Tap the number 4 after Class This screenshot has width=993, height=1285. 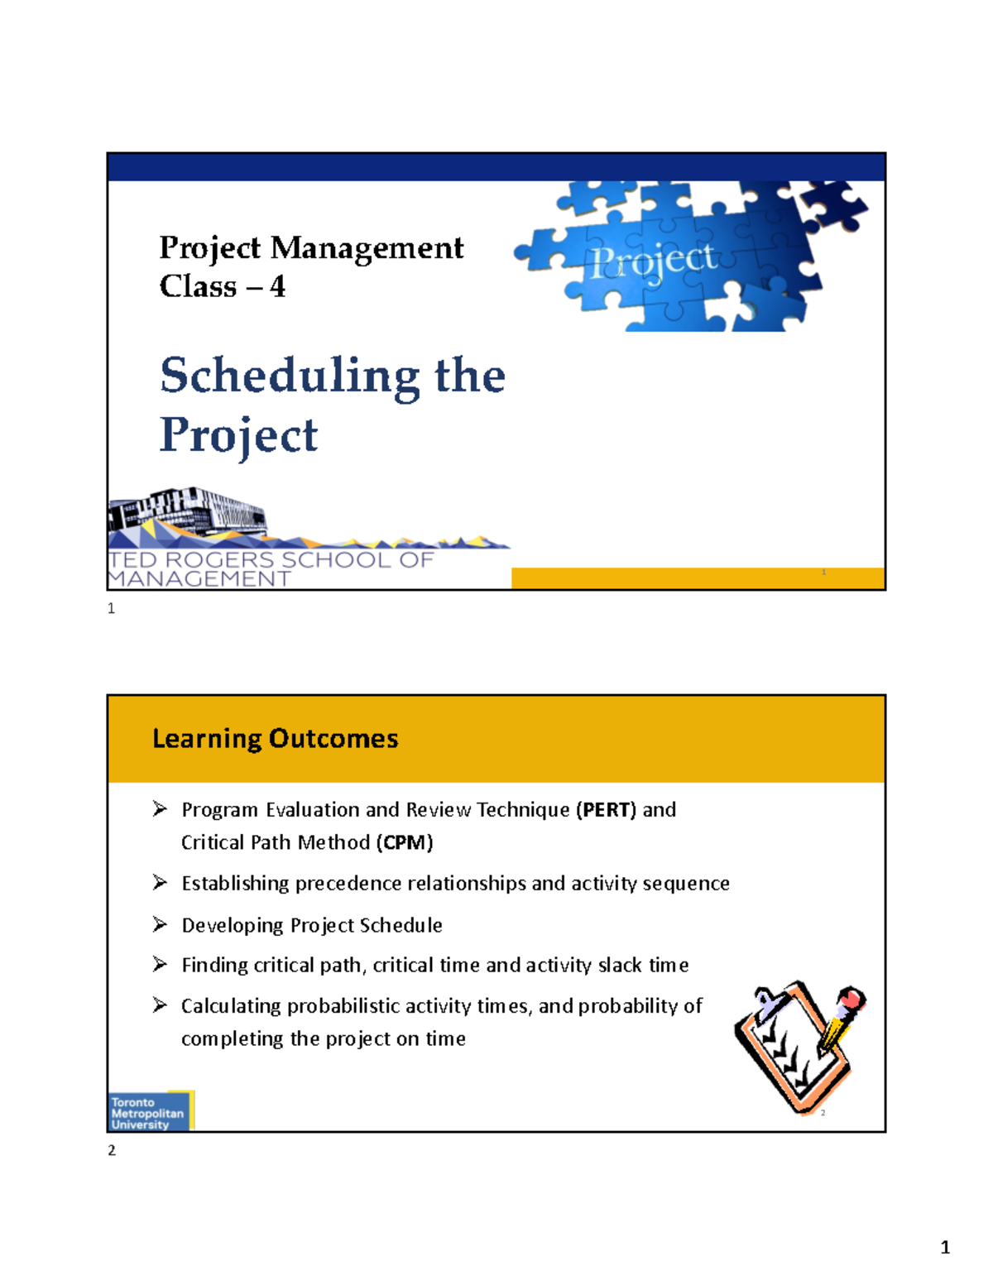(277, 286)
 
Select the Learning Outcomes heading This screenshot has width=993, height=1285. (275, 738)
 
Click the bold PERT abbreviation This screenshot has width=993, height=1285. (606, 809)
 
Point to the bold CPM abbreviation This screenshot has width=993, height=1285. (405, 842)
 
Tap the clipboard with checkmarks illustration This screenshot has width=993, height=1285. (790, 1047)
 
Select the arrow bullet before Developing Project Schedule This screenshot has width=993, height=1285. (160, 924)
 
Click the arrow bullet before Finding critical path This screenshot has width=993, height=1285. (160, 964)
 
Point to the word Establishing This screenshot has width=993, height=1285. (235, 884)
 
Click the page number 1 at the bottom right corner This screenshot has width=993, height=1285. (945, 1248)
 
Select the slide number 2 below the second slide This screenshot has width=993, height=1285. (112, 1150)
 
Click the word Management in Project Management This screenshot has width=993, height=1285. (367, 247)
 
